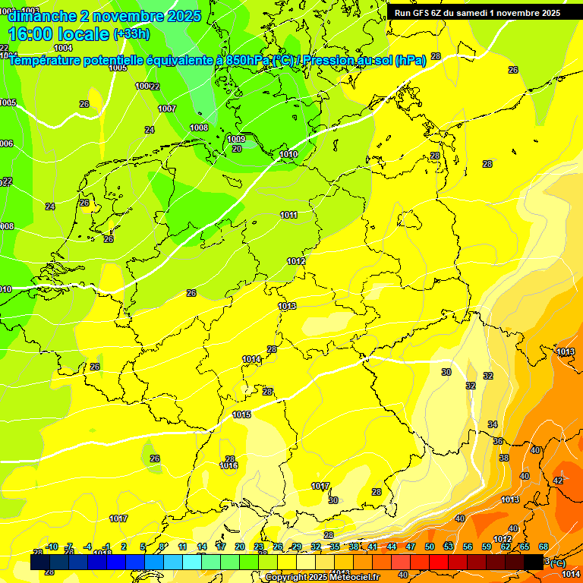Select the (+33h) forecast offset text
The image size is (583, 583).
pyautogui.click(x=132, y=34)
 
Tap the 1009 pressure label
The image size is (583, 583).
pyautogui.click(x=236, y=139)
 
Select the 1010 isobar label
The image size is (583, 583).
pyautogui.click(x=288, y=154)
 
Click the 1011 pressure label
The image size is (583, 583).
pyautogui.click(x=288, y=215)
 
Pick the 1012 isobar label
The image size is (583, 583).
pyautogui.click(x=296, y=261)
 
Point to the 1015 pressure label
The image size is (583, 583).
pyautogui.click(x=241, y=414)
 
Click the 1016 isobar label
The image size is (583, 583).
pyautogui.click(x=228, y=466)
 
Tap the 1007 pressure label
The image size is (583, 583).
pyautogui.click(x=167, y=109)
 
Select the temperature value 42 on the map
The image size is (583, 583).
pyautogui.click(x=558, y=481)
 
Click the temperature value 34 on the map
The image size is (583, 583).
pyautogui.click(x=493, y=424)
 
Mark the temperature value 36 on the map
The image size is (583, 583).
pyautogui.click(x=498, y=441)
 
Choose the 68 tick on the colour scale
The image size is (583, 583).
pyautogui.click(x=544, y=547)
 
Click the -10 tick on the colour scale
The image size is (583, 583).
pyautogui.click(x=52, y=547)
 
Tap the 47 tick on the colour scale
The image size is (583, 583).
pyautogui.click(x=410, y=547)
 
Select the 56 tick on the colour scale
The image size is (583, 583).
pyautogui.click(x=468, y=547)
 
